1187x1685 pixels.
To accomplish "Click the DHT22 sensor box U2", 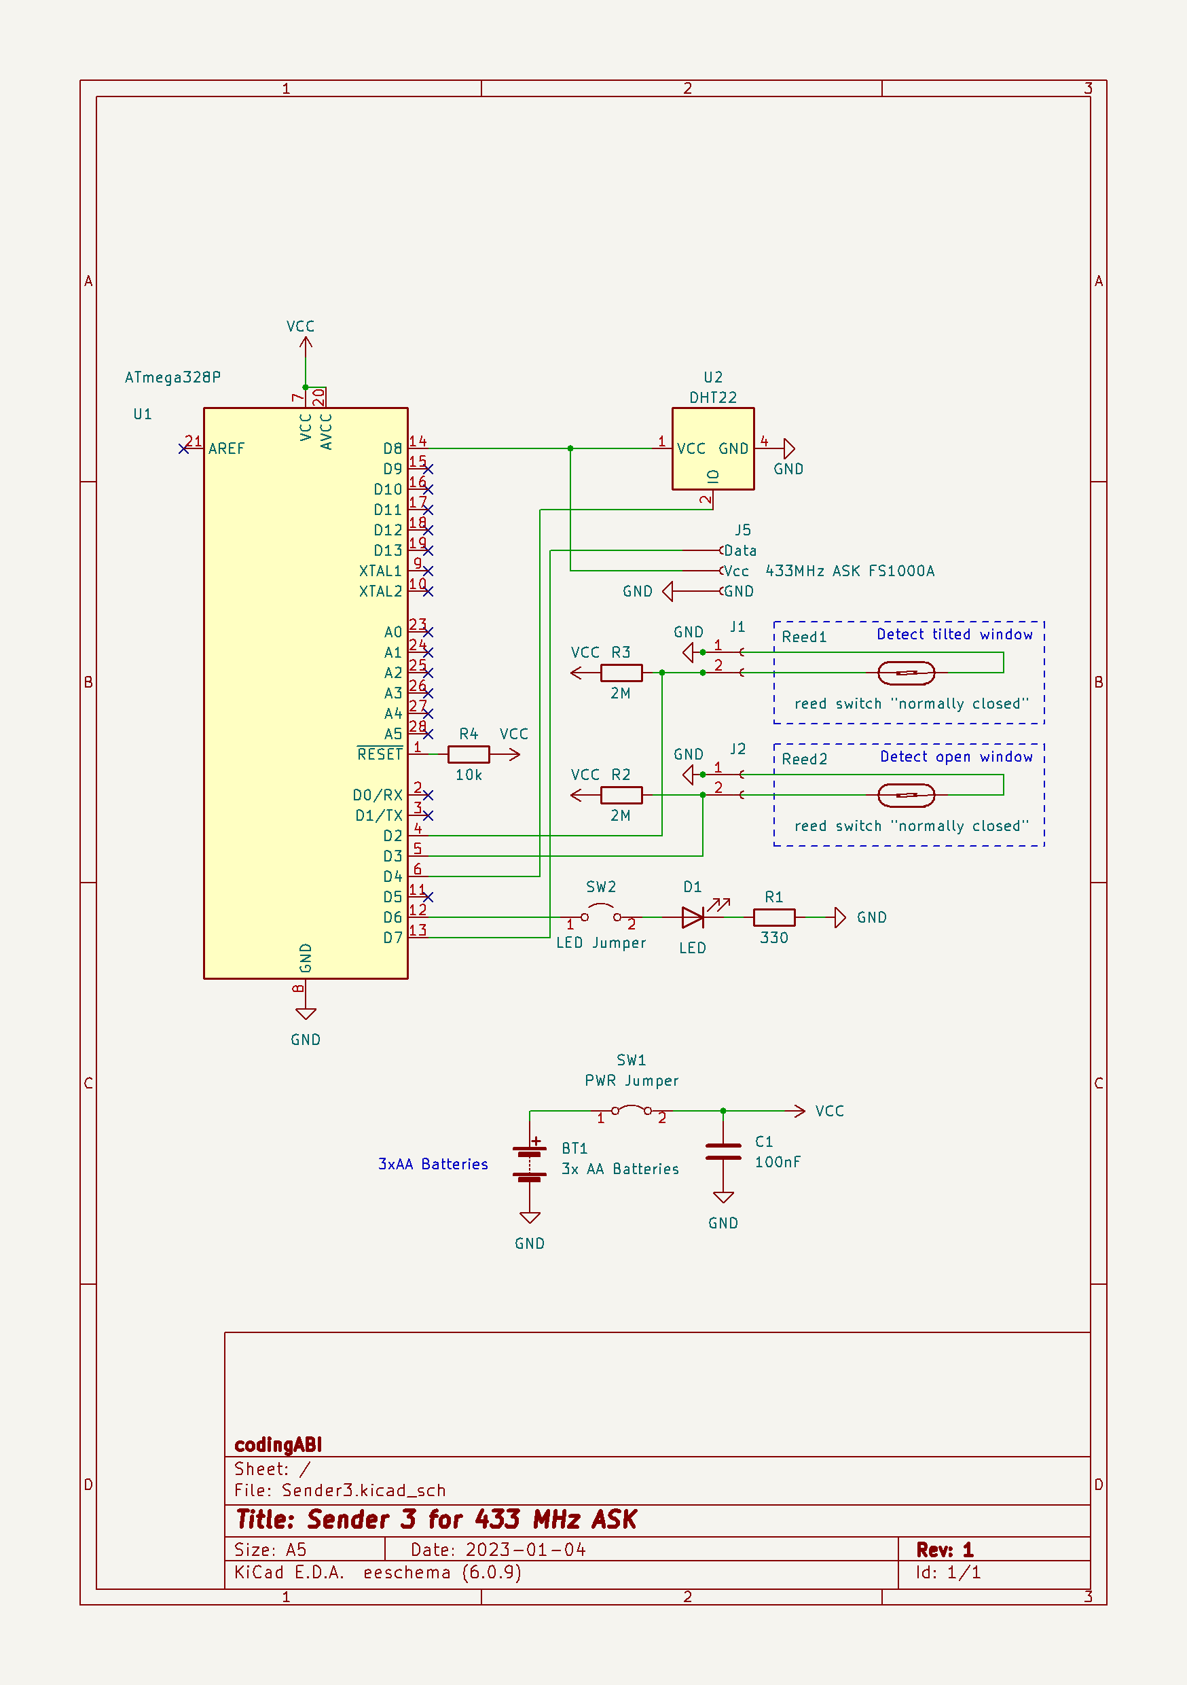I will (712, 448).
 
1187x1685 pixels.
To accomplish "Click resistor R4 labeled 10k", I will (468, 753).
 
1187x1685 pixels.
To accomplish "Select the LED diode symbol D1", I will (693, 917).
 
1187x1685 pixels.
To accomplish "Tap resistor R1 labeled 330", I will (774, 917).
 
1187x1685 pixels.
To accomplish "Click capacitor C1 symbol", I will (723, 1152).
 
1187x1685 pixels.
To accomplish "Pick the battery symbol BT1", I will (530, 1164).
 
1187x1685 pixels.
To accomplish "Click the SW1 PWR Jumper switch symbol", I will (631, 1110).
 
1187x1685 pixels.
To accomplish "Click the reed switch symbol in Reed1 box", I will (906, 672).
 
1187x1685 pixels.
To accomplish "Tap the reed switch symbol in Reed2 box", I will (906, 795).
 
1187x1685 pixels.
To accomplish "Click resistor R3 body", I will (621, 672).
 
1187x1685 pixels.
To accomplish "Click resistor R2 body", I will (621, 795).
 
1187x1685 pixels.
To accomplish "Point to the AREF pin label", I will (226, 448).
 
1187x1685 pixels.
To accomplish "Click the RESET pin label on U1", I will (380, 754).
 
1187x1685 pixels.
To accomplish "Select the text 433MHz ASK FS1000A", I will (850, 571).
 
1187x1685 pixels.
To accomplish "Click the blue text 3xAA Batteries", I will (433, 1164).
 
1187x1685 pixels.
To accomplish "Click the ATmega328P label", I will (172, 377).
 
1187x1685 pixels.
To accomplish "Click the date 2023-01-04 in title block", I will (526, 1549).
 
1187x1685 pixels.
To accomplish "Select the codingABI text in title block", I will (278, 1444).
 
